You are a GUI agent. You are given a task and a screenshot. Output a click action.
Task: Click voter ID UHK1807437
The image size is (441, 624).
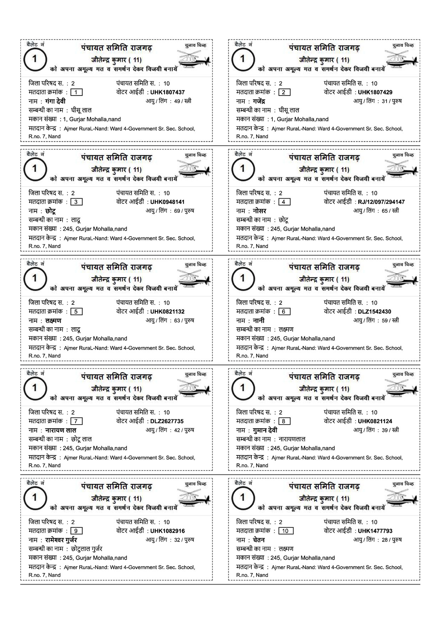[168, 92]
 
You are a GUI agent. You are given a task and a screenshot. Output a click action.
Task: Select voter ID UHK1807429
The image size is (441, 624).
[375, 92]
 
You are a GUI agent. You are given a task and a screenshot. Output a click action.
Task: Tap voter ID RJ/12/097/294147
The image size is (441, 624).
[381, 202]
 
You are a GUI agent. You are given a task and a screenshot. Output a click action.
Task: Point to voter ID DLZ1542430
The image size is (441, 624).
[374, 312]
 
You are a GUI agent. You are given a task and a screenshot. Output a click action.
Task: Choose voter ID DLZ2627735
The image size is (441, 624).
[167, 421]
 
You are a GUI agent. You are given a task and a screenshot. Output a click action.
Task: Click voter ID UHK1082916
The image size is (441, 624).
[168, 531]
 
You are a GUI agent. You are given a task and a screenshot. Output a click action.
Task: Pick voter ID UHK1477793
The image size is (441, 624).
[375, 531]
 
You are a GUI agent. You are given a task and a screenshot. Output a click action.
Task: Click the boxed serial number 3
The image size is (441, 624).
[76, 202]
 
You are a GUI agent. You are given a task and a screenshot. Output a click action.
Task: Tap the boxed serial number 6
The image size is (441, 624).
[284, 312]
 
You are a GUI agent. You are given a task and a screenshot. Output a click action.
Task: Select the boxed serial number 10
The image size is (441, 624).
[285, 531]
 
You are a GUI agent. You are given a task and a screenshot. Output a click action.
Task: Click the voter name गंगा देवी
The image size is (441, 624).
[55, 101]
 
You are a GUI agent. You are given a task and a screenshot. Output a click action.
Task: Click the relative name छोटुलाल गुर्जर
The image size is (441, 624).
[87, 549]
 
